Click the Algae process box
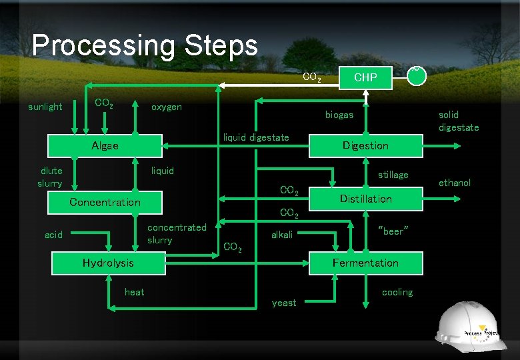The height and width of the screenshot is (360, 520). [105, 146]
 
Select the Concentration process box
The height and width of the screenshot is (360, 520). [105, 202]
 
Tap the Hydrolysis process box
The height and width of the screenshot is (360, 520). [107, 263]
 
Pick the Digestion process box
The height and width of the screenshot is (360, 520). [365, 146]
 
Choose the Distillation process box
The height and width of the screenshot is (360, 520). [365, 199]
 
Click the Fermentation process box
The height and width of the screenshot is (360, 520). [365, 263]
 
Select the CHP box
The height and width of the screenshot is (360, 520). [365, 77]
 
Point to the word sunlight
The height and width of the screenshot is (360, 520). [45, 107]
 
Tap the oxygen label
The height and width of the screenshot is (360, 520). [166, 107]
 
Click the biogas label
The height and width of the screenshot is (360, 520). [339, 115]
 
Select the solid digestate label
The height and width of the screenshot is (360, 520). [459, 121]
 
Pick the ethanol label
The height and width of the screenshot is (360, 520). [455, 183]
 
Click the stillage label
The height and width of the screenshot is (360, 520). [393, 175]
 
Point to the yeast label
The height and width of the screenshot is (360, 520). [284, 303]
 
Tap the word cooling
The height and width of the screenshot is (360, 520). [397, 292]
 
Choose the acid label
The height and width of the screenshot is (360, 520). [53, 235]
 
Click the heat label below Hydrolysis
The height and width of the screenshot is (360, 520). [134, 292]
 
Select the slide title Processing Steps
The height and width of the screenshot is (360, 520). [144, 45]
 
